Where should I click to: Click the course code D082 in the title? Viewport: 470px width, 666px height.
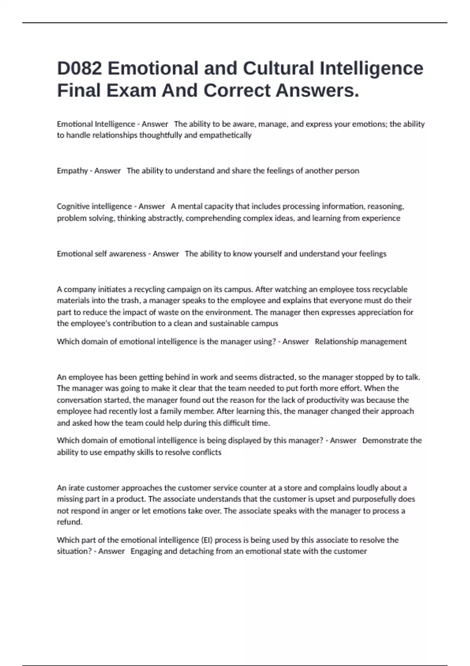(80, 69)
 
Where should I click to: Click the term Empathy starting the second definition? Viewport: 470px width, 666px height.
(72, 171)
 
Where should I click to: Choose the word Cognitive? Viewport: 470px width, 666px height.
(73, 206)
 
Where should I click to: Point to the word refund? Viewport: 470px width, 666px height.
(69, 522)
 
